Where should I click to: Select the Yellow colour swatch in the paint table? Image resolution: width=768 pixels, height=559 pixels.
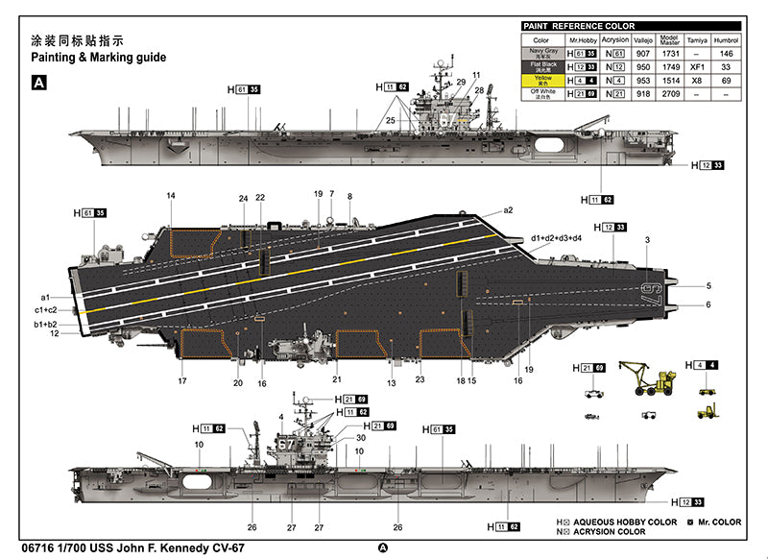541,81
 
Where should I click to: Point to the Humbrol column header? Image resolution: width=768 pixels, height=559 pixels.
728,40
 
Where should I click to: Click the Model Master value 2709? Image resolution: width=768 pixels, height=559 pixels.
672,95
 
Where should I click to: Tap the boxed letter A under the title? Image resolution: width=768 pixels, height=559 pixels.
39,84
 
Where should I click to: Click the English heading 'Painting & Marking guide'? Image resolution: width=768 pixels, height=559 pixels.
99,58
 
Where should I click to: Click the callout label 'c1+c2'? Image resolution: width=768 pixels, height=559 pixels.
48,310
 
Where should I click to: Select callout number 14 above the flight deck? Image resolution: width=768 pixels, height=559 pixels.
171,196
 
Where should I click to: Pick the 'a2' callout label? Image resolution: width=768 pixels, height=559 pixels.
509,210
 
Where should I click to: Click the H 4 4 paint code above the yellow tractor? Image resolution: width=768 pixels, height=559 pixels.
704,366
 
